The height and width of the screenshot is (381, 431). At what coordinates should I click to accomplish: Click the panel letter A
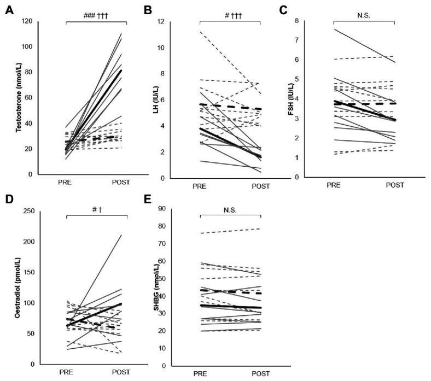(x=9, y=10)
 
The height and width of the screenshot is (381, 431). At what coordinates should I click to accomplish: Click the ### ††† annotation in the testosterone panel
(x=97, y=16)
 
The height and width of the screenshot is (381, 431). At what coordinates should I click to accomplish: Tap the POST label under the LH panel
(x=261, y=186)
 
